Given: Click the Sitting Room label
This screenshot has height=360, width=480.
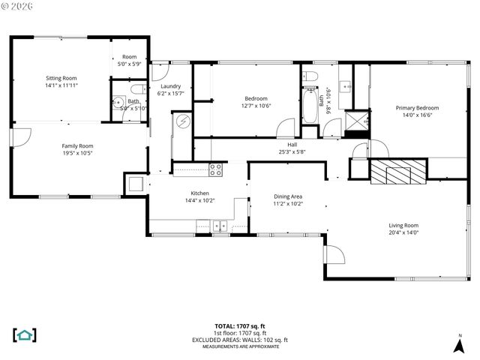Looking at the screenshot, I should click(x=61, y=77).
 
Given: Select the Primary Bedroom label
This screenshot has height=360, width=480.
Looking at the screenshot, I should click(x=417, y=108).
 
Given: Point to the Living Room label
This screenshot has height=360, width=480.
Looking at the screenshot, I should click(x=403, y=225).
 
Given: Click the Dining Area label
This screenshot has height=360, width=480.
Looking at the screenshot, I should click(x=287, y=196).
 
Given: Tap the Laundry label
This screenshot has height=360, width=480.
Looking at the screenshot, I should click(x=170, y=86).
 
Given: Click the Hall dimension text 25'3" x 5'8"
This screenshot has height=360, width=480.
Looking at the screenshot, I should click(x=292, y=151).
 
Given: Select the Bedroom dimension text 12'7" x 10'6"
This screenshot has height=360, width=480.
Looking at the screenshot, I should click(x=256, y=106).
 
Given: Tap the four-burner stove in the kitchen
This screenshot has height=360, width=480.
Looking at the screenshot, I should click(x=215, y=169).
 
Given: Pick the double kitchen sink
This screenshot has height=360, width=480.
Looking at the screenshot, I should click(x=219, y=224).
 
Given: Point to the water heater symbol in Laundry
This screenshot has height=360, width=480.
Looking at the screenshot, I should click(x=183, y=123).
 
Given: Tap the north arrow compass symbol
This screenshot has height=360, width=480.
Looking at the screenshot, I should click(x=459, y=344).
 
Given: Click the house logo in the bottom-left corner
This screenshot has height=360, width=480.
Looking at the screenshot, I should click(x=25, y=334).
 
